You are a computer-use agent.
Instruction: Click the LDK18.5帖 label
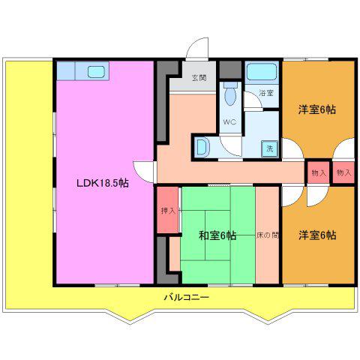[103, 183]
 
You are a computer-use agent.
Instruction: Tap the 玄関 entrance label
[199, 78]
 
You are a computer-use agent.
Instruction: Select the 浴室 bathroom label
[266, 93]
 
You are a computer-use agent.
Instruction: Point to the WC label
[229, 122]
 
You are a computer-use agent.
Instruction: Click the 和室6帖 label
[217, 235]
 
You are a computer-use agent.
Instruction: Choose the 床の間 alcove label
[268, 235]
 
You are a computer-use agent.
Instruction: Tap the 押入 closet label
[168, 211]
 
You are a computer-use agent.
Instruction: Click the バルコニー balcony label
[187, 298]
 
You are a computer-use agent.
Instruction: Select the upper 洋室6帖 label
[317, 109]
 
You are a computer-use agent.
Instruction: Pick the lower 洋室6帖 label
[317, 235]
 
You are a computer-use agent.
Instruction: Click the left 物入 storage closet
[318, 172]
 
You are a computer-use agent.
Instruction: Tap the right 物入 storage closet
[343, 172]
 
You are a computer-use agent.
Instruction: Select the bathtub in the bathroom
[262, 72]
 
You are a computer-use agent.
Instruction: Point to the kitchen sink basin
[96, 72]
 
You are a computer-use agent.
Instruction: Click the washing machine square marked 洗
[269, 148]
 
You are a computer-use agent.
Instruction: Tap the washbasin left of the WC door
[202, 148]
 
